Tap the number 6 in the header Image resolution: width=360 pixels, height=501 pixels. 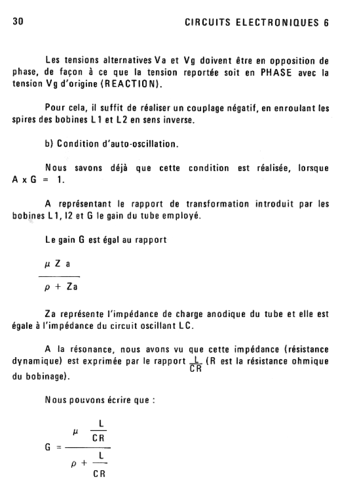point(325,23)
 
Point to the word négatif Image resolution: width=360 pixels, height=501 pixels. point(239,108)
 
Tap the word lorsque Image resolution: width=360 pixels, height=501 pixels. point(311,168)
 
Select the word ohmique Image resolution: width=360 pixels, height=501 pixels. point(310,362)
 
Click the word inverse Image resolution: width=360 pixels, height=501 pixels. point(179,120)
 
